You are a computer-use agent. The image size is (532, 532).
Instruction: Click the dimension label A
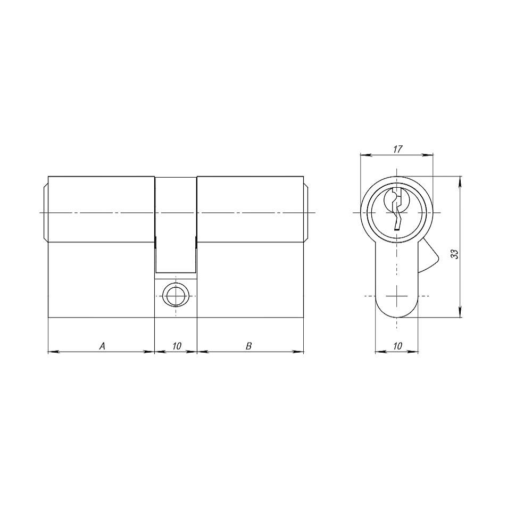[102, 346]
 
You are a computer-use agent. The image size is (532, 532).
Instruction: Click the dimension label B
[248, 346]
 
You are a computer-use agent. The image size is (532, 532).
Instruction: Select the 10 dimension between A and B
[177, 346]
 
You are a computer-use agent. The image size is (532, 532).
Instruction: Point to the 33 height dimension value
[455, 254]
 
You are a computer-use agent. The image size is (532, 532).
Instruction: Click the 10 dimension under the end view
[397, 346]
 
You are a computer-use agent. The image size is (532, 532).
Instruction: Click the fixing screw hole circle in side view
[176, 296]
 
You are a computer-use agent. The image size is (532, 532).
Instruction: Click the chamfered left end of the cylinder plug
[46, 213]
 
